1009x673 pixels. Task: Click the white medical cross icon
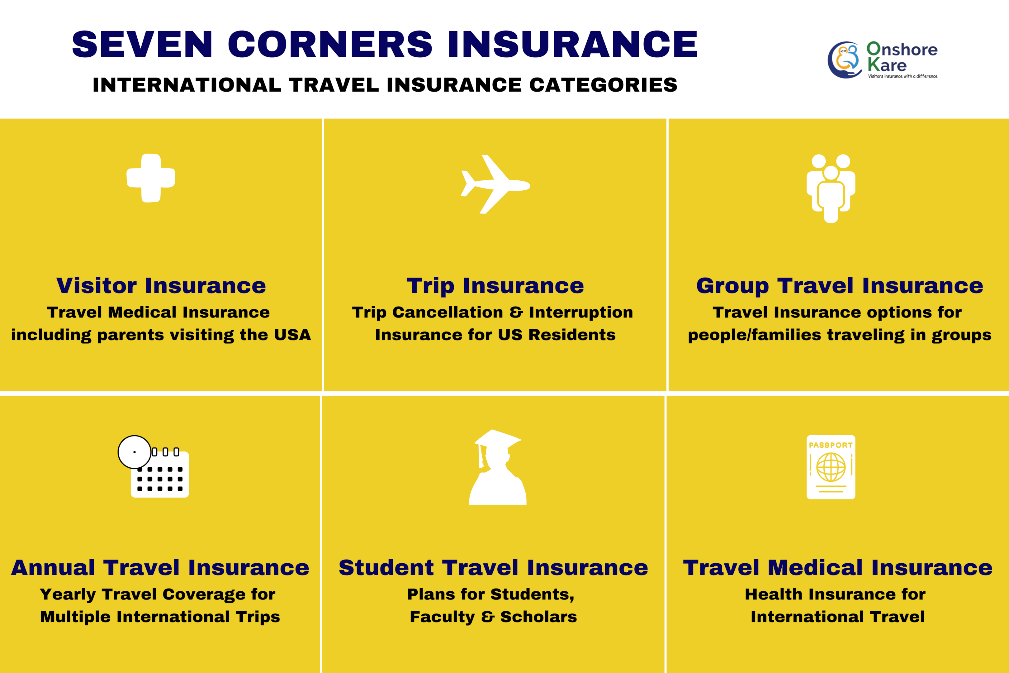pyautogui.click(x=151, y=178)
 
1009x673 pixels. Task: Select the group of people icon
pyautogui.click(x=831, y=188)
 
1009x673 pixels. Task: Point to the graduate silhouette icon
pyautogui.click(x=498, y=467)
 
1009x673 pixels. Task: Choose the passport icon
pyautogui.click(x=831, y=467)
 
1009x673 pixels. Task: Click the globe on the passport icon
pyautogui.click(x=831, y=467)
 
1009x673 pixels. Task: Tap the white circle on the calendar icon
pyautogui.click(x=134, y=452)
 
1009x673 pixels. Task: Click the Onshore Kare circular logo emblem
pyautogui.click(x=844, y=60)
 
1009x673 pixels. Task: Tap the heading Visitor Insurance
pyautogui.click(x=161, y=285)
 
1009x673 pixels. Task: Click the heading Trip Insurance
pyautogui.click(x=495, y=286)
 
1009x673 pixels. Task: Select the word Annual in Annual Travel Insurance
pyautogui.click(x=53, y=567)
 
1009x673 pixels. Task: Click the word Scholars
pyautogui.click(x=539, y=617)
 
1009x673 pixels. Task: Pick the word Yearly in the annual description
pyautogui.click(x=68, y=595)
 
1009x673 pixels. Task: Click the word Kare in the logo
pyautogui.click(x=887, y=65)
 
